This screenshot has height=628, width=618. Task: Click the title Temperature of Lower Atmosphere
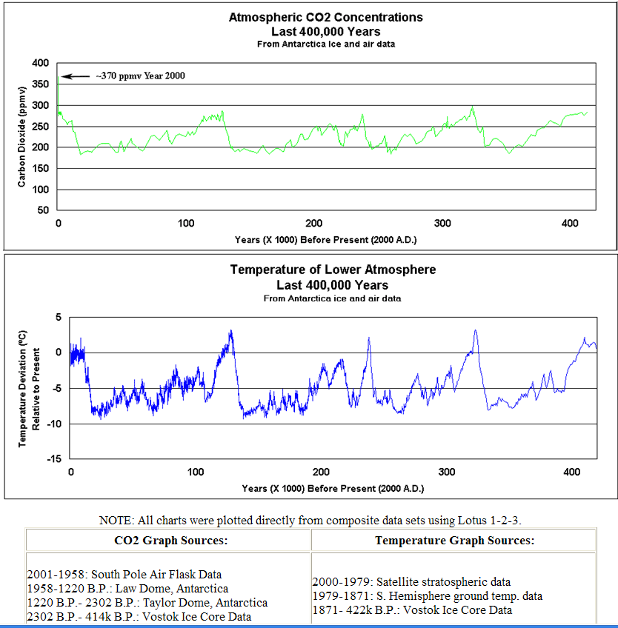point(333,270)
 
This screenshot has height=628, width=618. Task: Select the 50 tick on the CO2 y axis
point(44,210)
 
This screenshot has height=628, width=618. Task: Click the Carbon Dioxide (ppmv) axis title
point(22,137)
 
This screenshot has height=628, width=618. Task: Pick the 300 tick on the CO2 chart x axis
point(442,224)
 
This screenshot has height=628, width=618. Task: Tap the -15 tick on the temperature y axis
point(53,459)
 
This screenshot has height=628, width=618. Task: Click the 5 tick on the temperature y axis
point(59,317)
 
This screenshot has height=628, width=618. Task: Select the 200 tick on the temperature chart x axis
point(322,472)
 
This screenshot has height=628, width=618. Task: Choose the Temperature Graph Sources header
point(453,541)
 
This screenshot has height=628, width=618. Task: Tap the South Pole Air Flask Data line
point(124,575)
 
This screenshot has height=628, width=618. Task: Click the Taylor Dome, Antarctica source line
point(147,603)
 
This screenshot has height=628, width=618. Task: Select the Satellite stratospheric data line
point(411,582)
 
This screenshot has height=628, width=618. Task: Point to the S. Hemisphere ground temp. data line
point(427,596)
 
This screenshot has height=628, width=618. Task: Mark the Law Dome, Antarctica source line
point(127,589)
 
